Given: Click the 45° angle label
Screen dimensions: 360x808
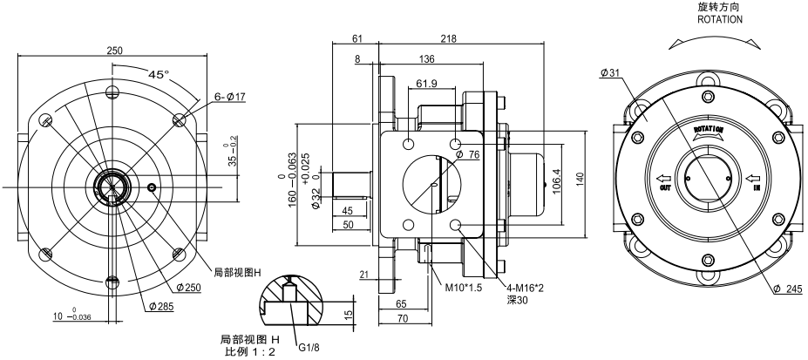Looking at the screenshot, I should point(159,75).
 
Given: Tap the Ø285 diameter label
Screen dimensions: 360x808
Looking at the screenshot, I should point(160,307).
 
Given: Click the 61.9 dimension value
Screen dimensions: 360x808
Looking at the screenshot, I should point(427,84).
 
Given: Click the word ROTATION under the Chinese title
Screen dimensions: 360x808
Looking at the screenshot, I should point(720,18).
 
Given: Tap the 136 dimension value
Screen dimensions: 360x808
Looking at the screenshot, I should point(429,59).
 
